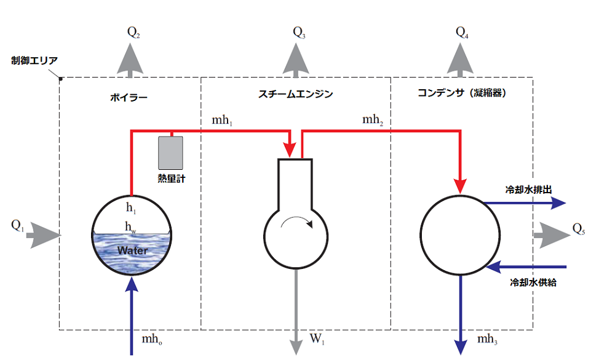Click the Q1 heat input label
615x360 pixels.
coord(18,225)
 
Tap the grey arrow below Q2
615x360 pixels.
coord(130,60)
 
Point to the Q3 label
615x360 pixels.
coord(299,33)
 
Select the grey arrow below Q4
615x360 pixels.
coord(460,60)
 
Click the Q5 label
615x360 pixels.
coord(579,228)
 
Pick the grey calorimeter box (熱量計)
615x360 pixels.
coord(170,153)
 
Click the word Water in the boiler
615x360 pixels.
coord(133,250)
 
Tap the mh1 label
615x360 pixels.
coord(222,120)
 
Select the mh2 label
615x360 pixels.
coord(373,119)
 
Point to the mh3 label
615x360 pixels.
coord(487,339)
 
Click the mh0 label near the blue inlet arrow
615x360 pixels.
coord(152,339)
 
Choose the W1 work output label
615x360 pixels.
coord(317,338)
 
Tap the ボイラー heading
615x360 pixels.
coord(129,97)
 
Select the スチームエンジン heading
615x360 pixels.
coord(295,94)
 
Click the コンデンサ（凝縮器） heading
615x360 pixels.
coord(462,93)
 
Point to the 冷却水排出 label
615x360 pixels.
coord(528,190)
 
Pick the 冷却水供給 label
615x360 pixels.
coord(533,282)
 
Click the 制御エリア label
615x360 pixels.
coord(34,60)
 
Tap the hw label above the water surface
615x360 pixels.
coord(130,227)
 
